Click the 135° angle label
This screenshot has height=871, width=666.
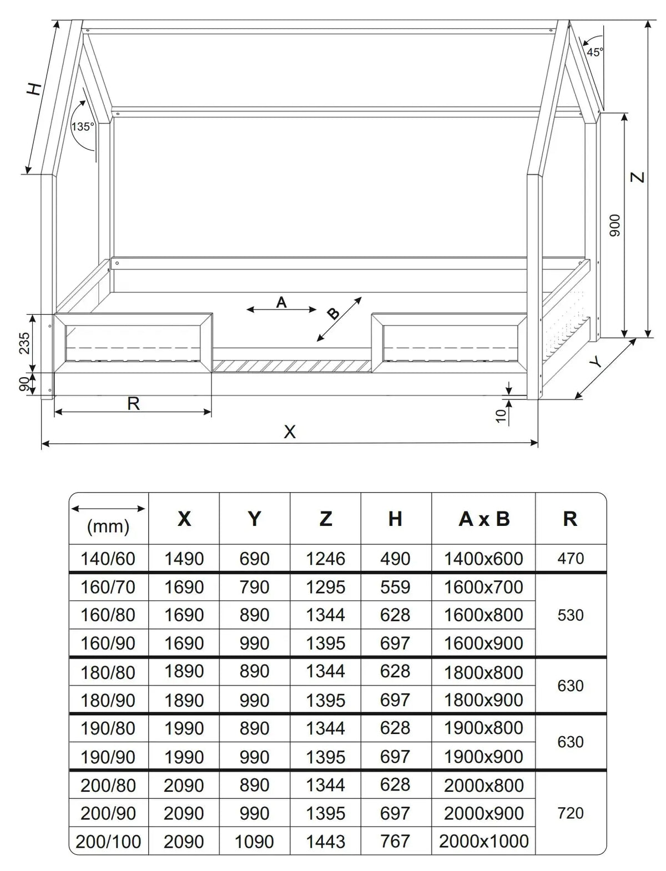82,126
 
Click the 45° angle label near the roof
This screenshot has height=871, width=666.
594,52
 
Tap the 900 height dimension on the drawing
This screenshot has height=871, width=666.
614,225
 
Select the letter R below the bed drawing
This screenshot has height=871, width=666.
133,404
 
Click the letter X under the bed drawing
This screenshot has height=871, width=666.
290,432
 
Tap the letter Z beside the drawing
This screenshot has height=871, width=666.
639,177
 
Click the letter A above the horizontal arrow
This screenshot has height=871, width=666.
281,302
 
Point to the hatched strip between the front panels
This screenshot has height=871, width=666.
292,366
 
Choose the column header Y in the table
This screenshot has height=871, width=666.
254,519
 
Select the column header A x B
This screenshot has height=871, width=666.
484,519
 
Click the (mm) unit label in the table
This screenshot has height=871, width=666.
108,526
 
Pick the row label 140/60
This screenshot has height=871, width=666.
108,559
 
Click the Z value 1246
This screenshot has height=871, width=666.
325,559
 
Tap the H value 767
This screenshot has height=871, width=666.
395,841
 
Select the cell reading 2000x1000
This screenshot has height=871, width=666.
484,841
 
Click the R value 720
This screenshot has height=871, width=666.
571,813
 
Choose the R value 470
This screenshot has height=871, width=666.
571,558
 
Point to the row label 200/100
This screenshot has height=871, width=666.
108,842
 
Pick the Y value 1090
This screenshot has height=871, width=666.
254,842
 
